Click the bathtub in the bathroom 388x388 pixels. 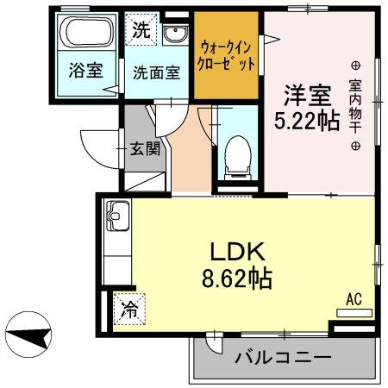click(x=86, y=35)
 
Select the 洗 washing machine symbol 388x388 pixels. click(x=140, y=28)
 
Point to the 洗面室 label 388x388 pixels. click(x=156, y=73)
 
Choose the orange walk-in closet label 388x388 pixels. click(x=227, y=54)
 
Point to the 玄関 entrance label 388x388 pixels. click(x=144, y=148)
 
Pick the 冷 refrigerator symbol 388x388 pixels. click(x=129, y=307)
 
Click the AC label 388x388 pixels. click(x=353, y=299)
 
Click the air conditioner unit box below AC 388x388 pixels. click(x=354, y=313)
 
